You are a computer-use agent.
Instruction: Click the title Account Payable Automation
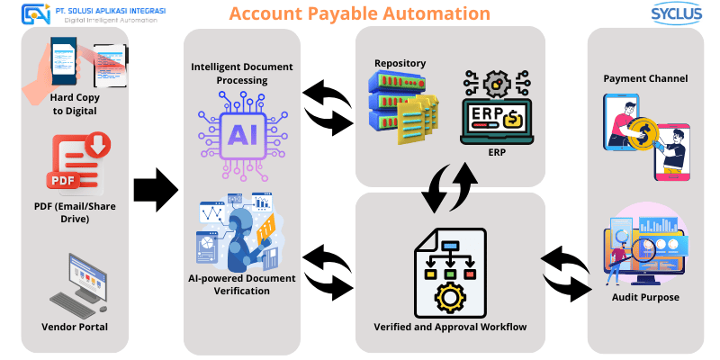click(359, 13)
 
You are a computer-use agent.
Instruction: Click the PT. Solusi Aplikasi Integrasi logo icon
click(37, 13)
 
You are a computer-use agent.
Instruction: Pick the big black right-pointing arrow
click(156, 189)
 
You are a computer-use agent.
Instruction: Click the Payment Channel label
click(644, 78)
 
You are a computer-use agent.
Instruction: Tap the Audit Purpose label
click(645, 297)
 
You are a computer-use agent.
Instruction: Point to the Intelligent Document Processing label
click(242, 74)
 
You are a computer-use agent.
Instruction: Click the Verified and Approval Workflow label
click(449, 325)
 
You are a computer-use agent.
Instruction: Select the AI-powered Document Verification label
click(241, 284)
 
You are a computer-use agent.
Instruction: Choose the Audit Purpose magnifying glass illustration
click(644, 245)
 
